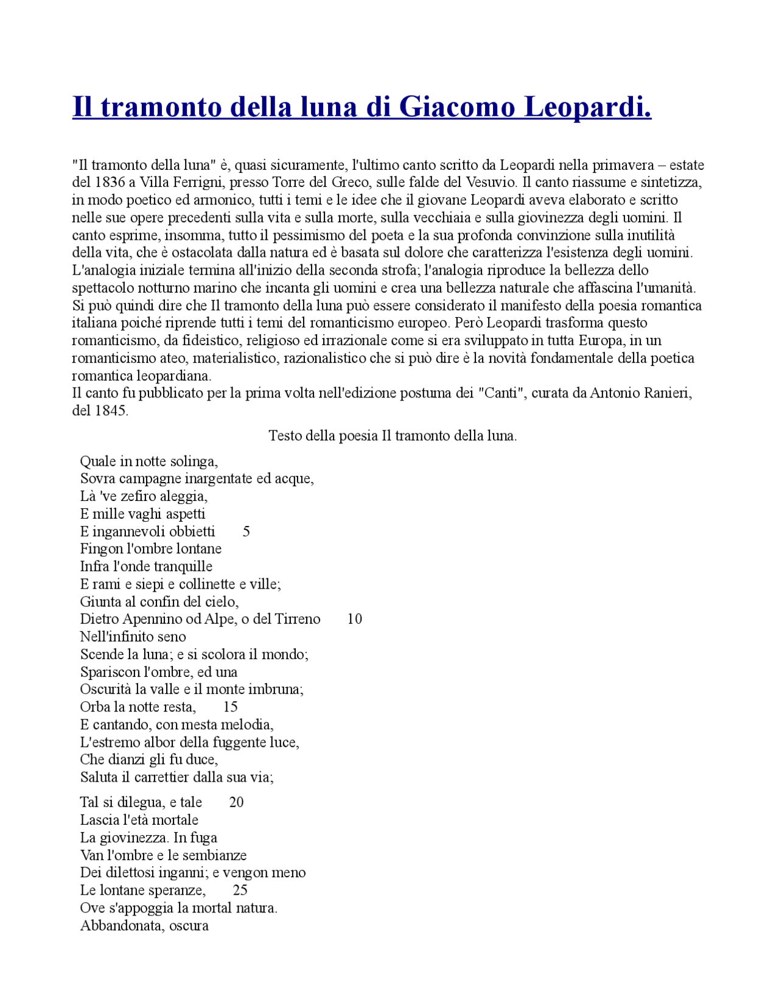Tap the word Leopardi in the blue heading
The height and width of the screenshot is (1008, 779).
click(x=587, y=107)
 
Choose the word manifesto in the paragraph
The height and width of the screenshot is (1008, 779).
click(x=499, y=305)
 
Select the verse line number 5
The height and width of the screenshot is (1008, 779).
click(x=246, y=531)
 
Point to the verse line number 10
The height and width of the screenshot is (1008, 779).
click(x=354, y=619)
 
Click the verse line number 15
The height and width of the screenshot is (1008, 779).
click(x=230, y=707)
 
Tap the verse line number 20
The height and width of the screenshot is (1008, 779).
click(x=236, y=802)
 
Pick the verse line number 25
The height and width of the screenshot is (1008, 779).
click(x=240, y=890)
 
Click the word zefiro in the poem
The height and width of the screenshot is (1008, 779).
click(x=137, y=496)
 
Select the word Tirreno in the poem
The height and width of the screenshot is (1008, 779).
click(x=298, y=619)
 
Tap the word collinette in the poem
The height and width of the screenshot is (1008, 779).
click(x=207, y=584)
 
